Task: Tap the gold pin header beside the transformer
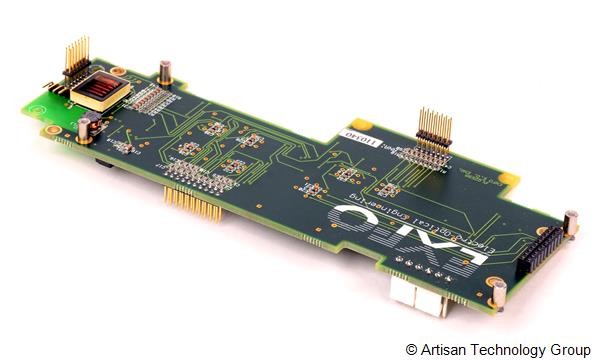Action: [x=76, y=60]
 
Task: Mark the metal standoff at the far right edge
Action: [x=571, y=224]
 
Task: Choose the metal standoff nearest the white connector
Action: [x=498, y=293]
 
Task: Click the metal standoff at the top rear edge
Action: [x=165, y=72]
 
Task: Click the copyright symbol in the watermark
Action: [x=412, y=349]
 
